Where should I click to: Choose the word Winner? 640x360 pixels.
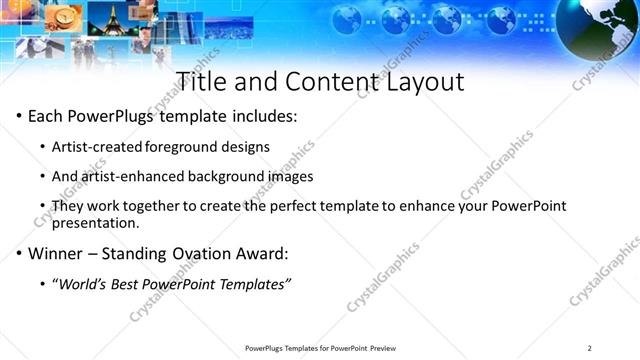pyautogui.click(x=54, y=253)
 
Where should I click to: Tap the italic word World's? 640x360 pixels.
pyautogui.click(x=84, y=284)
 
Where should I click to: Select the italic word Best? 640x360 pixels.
pyautogui.click(x=130, y=284)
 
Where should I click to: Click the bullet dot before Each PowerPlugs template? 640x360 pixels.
pyautogui.click(x=19, y=117)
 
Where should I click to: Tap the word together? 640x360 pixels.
pyautogui.click(x=177, y=206)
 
